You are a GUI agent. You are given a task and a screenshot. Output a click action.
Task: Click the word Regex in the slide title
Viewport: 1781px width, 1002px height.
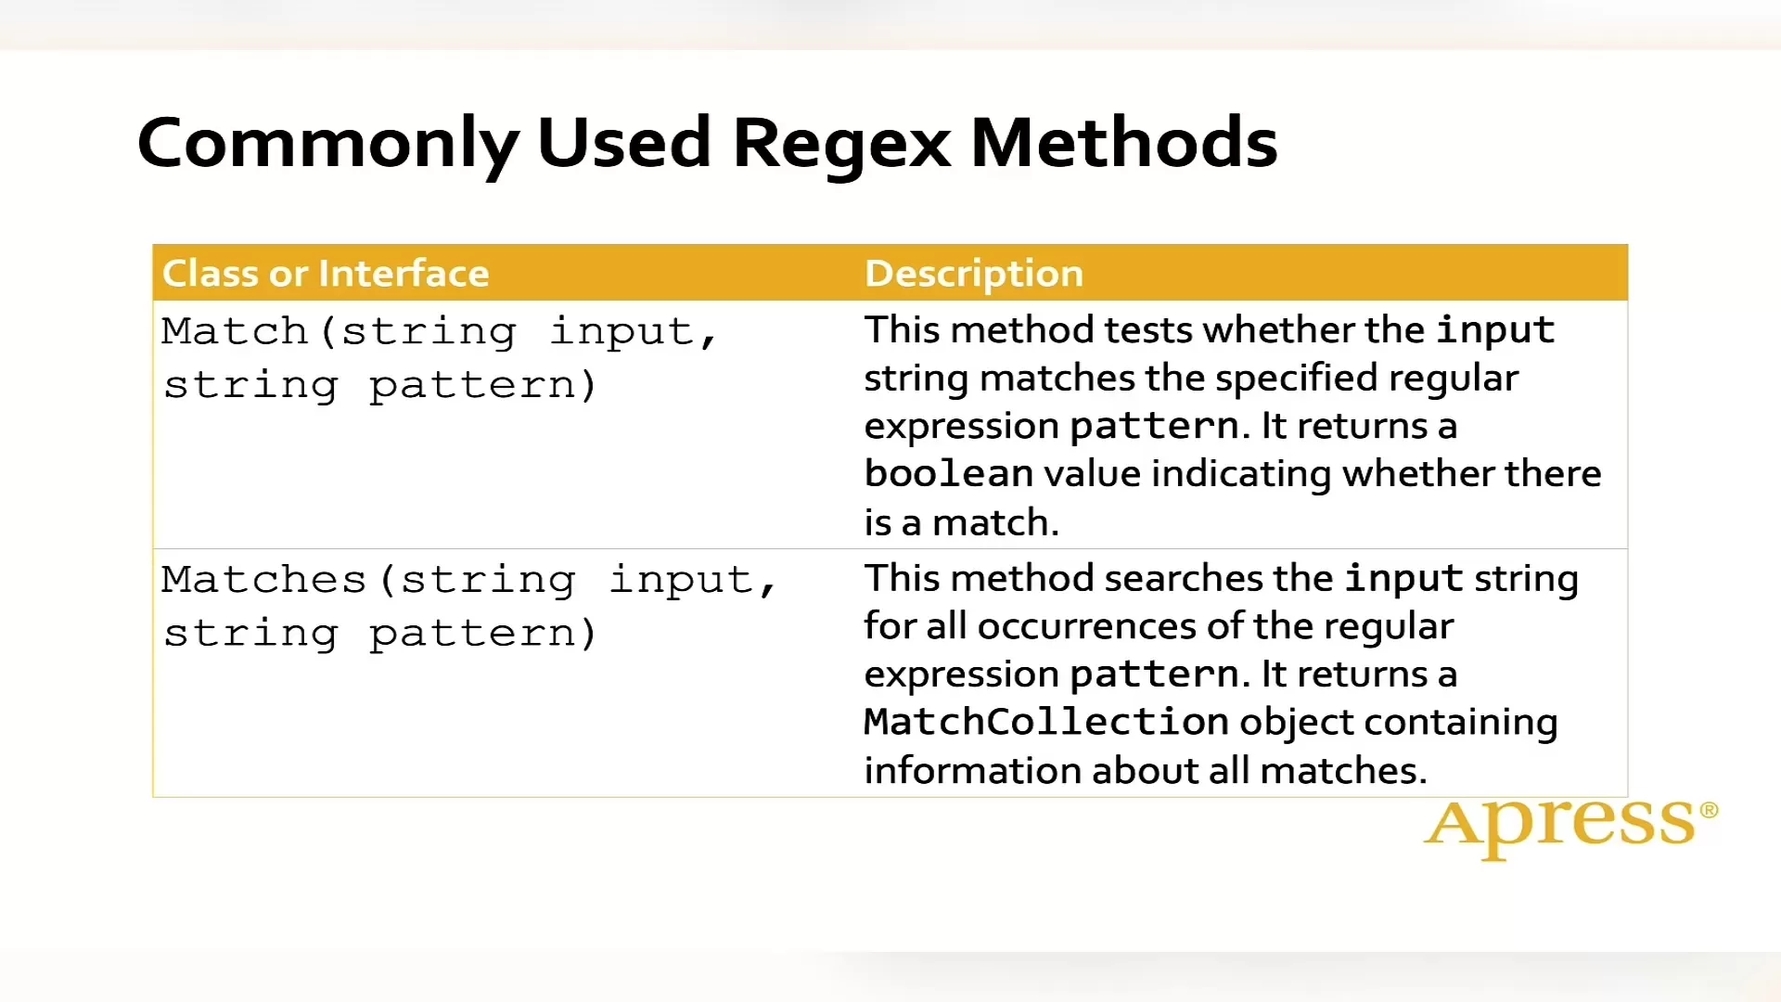click(841, 146)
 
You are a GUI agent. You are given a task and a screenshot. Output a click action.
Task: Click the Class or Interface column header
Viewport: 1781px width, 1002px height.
click(326, 274)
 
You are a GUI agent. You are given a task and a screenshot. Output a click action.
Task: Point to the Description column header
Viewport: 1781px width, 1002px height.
click(974, 274)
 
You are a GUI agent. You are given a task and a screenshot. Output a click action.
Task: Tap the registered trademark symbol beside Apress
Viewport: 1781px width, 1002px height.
click(1709, 810)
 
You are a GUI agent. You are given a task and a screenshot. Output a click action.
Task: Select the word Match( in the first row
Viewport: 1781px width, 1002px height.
click(249, 332)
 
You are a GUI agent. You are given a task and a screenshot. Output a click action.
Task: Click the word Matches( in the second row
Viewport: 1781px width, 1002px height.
click(278, 580)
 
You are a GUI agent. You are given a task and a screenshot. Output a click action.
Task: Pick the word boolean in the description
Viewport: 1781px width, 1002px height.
click(949, 473)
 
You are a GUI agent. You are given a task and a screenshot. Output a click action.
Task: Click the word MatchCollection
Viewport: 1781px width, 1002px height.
click(1046, 722)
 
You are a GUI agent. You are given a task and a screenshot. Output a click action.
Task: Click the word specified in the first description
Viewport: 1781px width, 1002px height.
click(1296, 379)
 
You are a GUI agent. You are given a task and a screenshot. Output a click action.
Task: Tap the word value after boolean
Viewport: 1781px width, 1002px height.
click(1092, 474)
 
